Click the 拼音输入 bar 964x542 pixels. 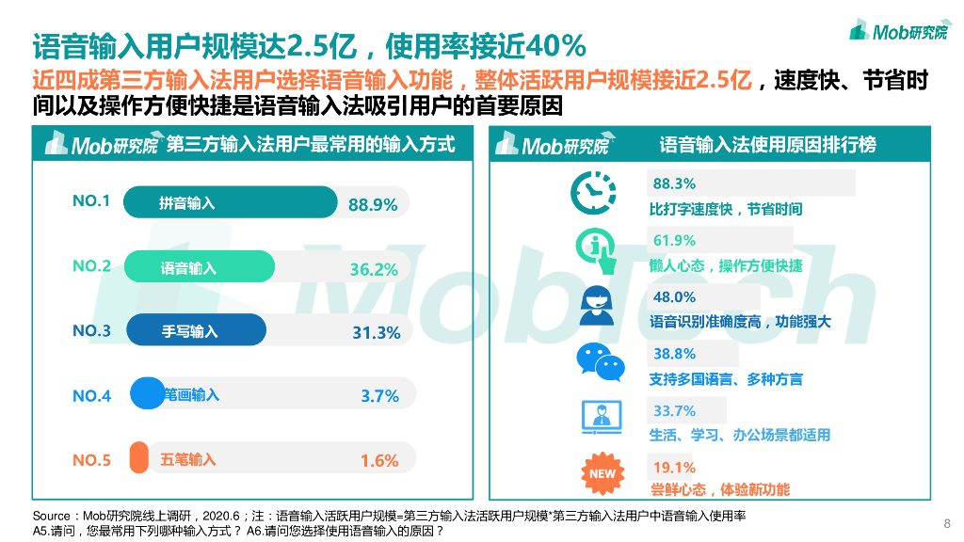point(231,202)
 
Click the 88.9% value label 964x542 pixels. point(373,204)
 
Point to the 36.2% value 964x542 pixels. point(374,269)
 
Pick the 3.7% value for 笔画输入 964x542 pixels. point(379,396)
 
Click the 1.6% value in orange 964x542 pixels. point(379,460)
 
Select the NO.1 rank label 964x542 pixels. point(91,201)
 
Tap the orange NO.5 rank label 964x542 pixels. point(91,460)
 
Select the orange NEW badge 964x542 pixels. point(601,473)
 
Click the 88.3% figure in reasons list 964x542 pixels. point(674,183)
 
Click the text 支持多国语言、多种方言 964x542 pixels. point(726,379)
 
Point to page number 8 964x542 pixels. point(946,523)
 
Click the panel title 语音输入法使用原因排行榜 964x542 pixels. point(767,144)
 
